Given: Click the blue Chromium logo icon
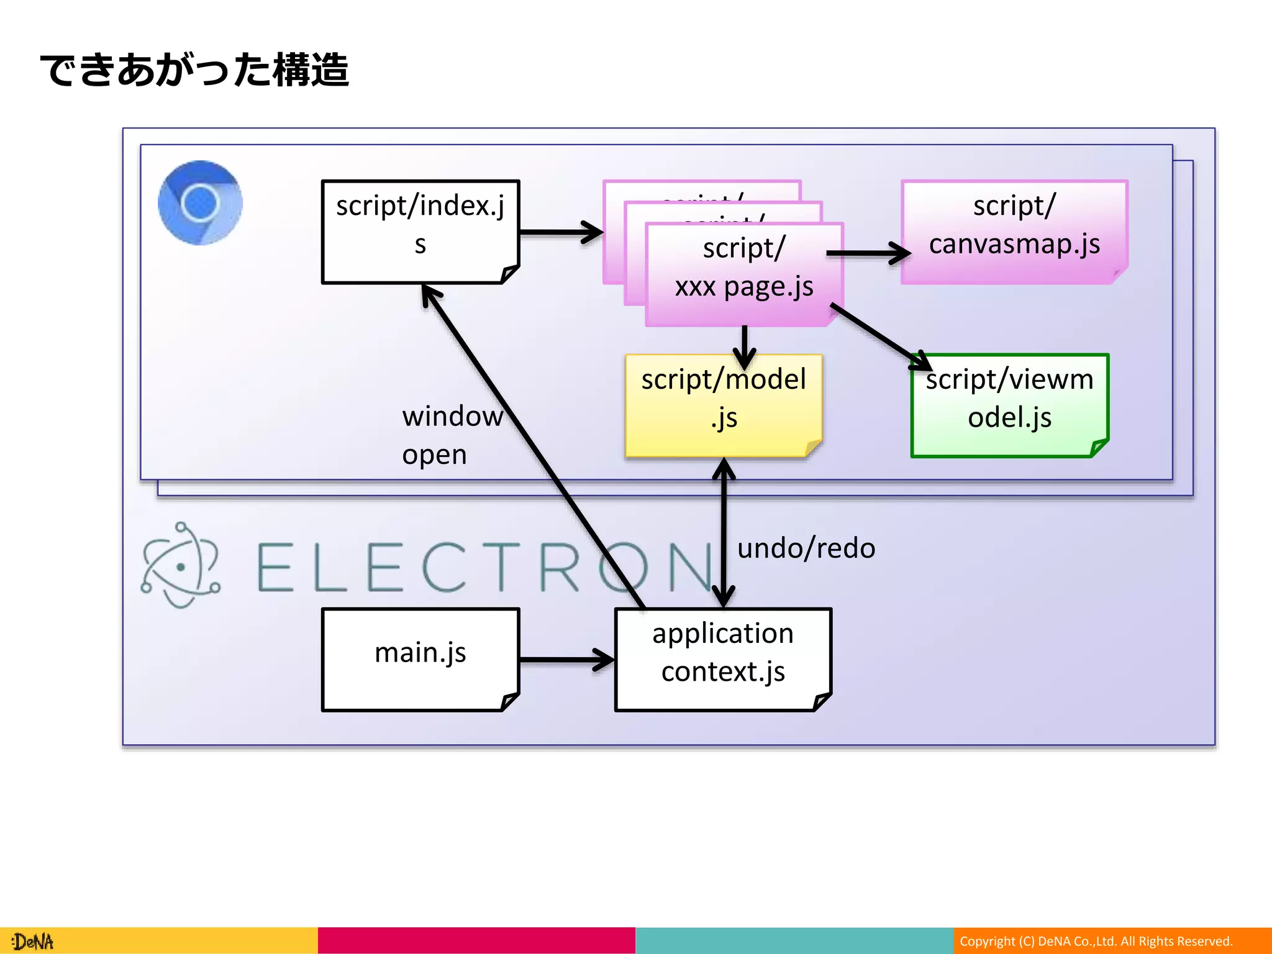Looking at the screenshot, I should point(200,203).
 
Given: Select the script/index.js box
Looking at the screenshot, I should point(420,231).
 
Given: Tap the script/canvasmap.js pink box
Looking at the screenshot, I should point(1014,231).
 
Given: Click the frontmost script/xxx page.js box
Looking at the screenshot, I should point(744,273).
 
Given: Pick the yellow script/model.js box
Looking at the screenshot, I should point(724,405).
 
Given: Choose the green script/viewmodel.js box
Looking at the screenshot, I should point(1009,405).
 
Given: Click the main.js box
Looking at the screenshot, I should point(420,659).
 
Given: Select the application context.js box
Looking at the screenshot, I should point(723,659).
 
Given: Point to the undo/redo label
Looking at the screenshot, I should point(806,548).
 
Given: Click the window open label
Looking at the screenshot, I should point(452,435).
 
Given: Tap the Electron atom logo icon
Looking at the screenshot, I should point(180,565).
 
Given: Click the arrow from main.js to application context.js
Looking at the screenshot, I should point(565,660).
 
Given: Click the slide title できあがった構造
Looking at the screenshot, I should point(194,70).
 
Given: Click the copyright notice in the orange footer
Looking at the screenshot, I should point(1096,941).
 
